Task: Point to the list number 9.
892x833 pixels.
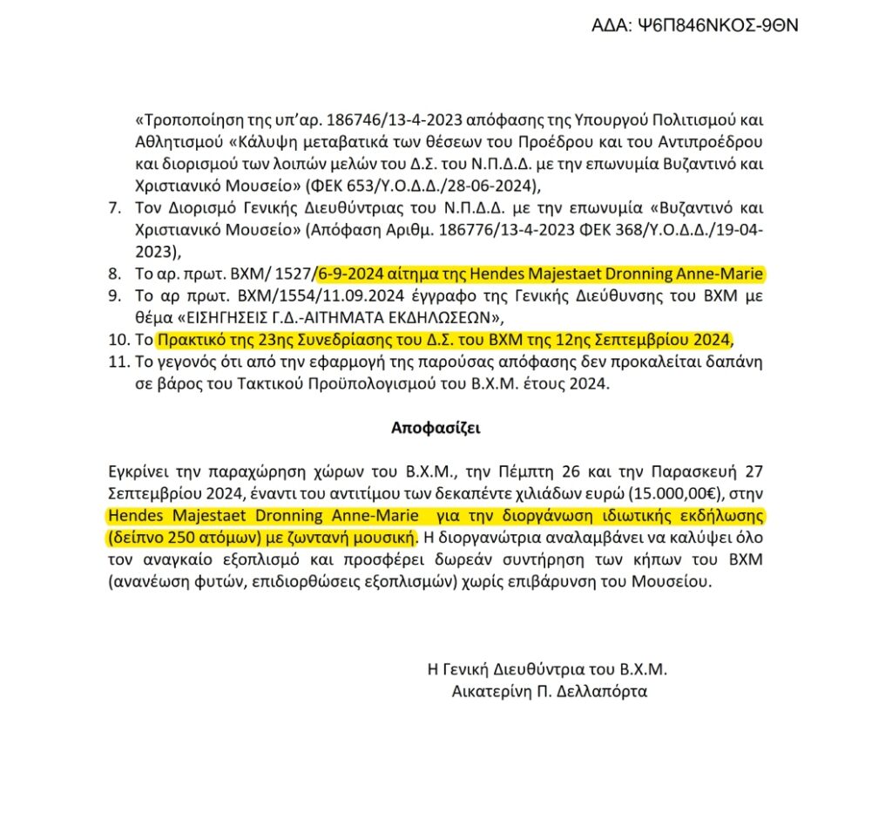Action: pyautogui.click(x=114, y=295)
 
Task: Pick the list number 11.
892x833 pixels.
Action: pyautogui.click(x=118, y=362)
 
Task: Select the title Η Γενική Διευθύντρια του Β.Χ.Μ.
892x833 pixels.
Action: pyautogui.click(x=546, y=670)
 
